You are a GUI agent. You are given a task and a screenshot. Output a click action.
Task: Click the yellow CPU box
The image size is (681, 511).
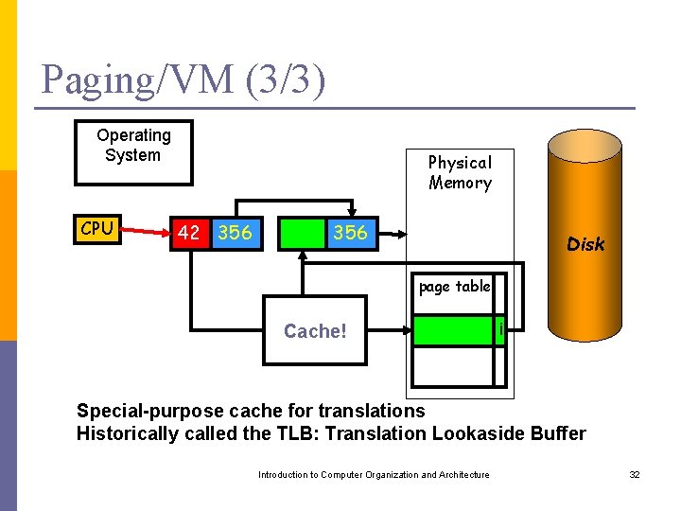(x=97, y=229)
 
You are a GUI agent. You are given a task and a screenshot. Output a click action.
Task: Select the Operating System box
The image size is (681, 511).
(x=133, y=151)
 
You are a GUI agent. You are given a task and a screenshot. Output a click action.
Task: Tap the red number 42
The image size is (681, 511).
(x=188, y=233)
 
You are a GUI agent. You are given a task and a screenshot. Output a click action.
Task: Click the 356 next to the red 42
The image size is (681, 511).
(x=235, y=233)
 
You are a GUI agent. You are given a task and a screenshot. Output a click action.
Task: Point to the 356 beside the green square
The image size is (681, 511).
(x=351, y=233)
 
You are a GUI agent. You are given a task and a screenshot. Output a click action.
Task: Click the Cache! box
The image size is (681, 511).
(x=315, y=331)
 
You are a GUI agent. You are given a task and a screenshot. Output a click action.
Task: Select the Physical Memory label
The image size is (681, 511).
(x=460, y=173)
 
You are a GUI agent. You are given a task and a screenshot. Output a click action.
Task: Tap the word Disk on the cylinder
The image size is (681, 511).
(x=585, y=244)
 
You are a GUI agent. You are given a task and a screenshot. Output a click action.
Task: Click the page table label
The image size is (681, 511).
(x=454, y=287)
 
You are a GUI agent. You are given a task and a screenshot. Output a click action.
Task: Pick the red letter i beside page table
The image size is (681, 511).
(x=499, y=330)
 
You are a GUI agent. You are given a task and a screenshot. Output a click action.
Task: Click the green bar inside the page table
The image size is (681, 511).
(x=453, y=331)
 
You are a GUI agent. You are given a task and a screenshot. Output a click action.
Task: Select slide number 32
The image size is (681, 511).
(x=635, y=475)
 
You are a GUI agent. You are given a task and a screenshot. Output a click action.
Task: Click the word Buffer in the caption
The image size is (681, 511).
(x=559, y=434)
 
